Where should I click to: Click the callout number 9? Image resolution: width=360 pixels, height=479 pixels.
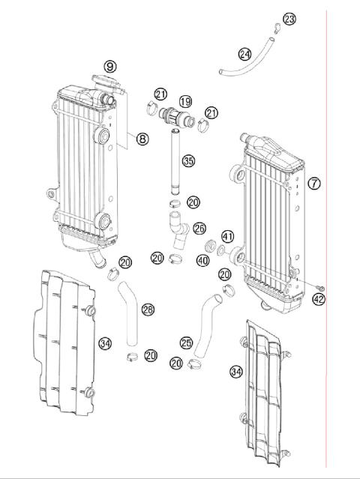coord(110,67)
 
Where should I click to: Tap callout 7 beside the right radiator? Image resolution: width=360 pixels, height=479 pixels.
coord(314,183)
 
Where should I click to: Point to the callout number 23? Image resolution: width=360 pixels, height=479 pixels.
coord(289,19)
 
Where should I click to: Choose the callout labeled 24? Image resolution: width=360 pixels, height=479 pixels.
coord(244,54)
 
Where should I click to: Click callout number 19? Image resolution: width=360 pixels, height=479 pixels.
coord(185,101)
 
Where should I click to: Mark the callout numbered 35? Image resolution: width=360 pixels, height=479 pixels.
coord(188,160)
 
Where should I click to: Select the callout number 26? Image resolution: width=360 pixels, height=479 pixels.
coord(199,227)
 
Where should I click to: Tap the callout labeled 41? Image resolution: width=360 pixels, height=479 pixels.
coord(227,237)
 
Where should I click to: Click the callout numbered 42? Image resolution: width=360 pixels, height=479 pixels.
coord(319,300)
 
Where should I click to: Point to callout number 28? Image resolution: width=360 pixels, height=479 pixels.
coord(148,309)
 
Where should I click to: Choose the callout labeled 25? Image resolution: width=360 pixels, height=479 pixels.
coord(186,343)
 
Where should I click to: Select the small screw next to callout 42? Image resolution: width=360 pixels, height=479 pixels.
coord(320,287)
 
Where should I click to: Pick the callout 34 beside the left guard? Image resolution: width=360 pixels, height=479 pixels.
coord(105,343)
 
